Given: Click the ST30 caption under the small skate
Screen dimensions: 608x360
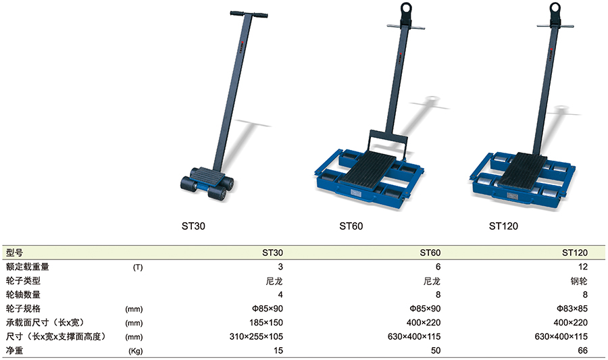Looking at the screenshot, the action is [x=193, y=226].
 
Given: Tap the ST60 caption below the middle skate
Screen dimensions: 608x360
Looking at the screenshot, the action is [x=351, y=226].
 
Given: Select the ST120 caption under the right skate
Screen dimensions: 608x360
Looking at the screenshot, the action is [x=503, y=226].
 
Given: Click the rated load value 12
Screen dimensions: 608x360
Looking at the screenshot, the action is [x=583, y=267].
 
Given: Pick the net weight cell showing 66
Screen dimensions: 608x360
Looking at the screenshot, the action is [x=583, y=351].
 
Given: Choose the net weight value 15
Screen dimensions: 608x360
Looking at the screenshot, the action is [x=278, y=351].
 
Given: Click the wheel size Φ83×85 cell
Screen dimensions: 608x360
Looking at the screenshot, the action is [x=572, y=309].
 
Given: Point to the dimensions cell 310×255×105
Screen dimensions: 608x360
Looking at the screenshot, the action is [x=256, y=336].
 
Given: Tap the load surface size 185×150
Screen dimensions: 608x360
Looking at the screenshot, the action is [x=266, y=322].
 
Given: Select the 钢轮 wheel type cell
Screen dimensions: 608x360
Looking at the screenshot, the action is [x=579, y=281].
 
